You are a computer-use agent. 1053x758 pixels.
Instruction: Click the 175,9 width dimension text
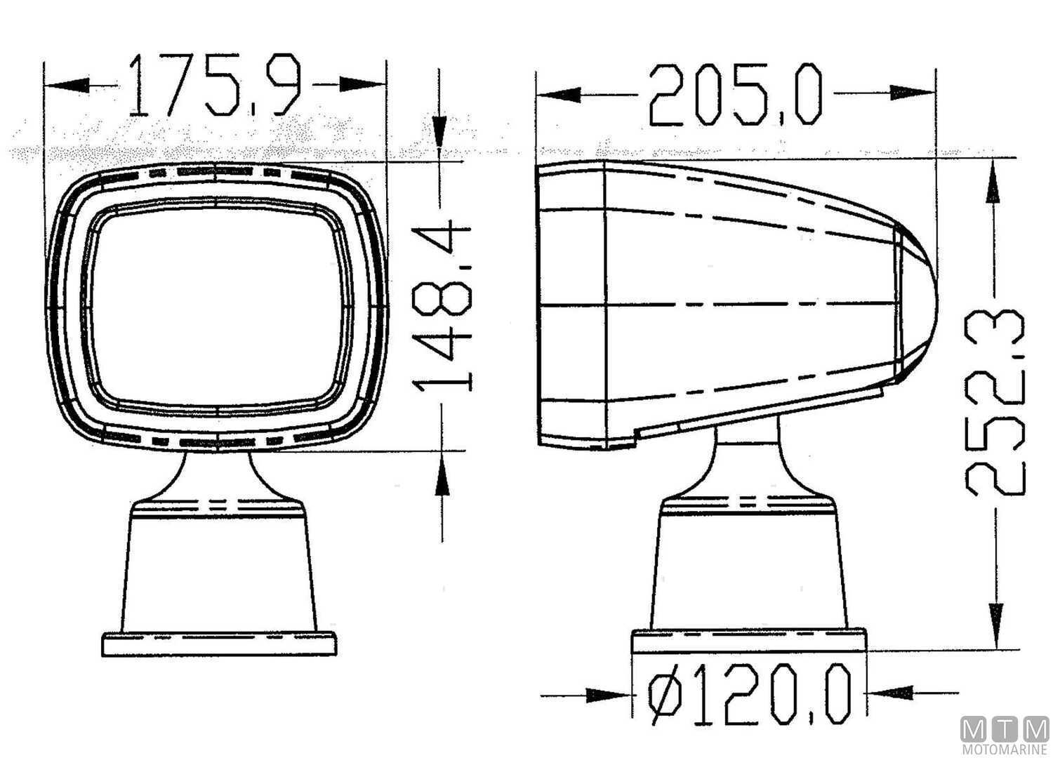coord(215,86)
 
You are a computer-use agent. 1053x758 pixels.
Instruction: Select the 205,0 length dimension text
coord(734,95)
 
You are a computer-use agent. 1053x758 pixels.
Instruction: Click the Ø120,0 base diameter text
coord(748,696)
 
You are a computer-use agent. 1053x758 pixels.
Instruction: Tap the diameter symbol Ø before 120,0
coord(663,696)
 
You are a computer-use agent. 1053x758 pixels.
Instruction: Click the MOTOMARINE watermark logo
coord(1005,736)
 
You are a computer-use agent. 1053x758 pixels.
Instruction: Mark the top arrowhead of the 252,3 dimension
coord(995,180)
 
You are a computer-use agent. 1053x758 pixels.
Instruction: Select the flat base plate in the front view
coord(218,644)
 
